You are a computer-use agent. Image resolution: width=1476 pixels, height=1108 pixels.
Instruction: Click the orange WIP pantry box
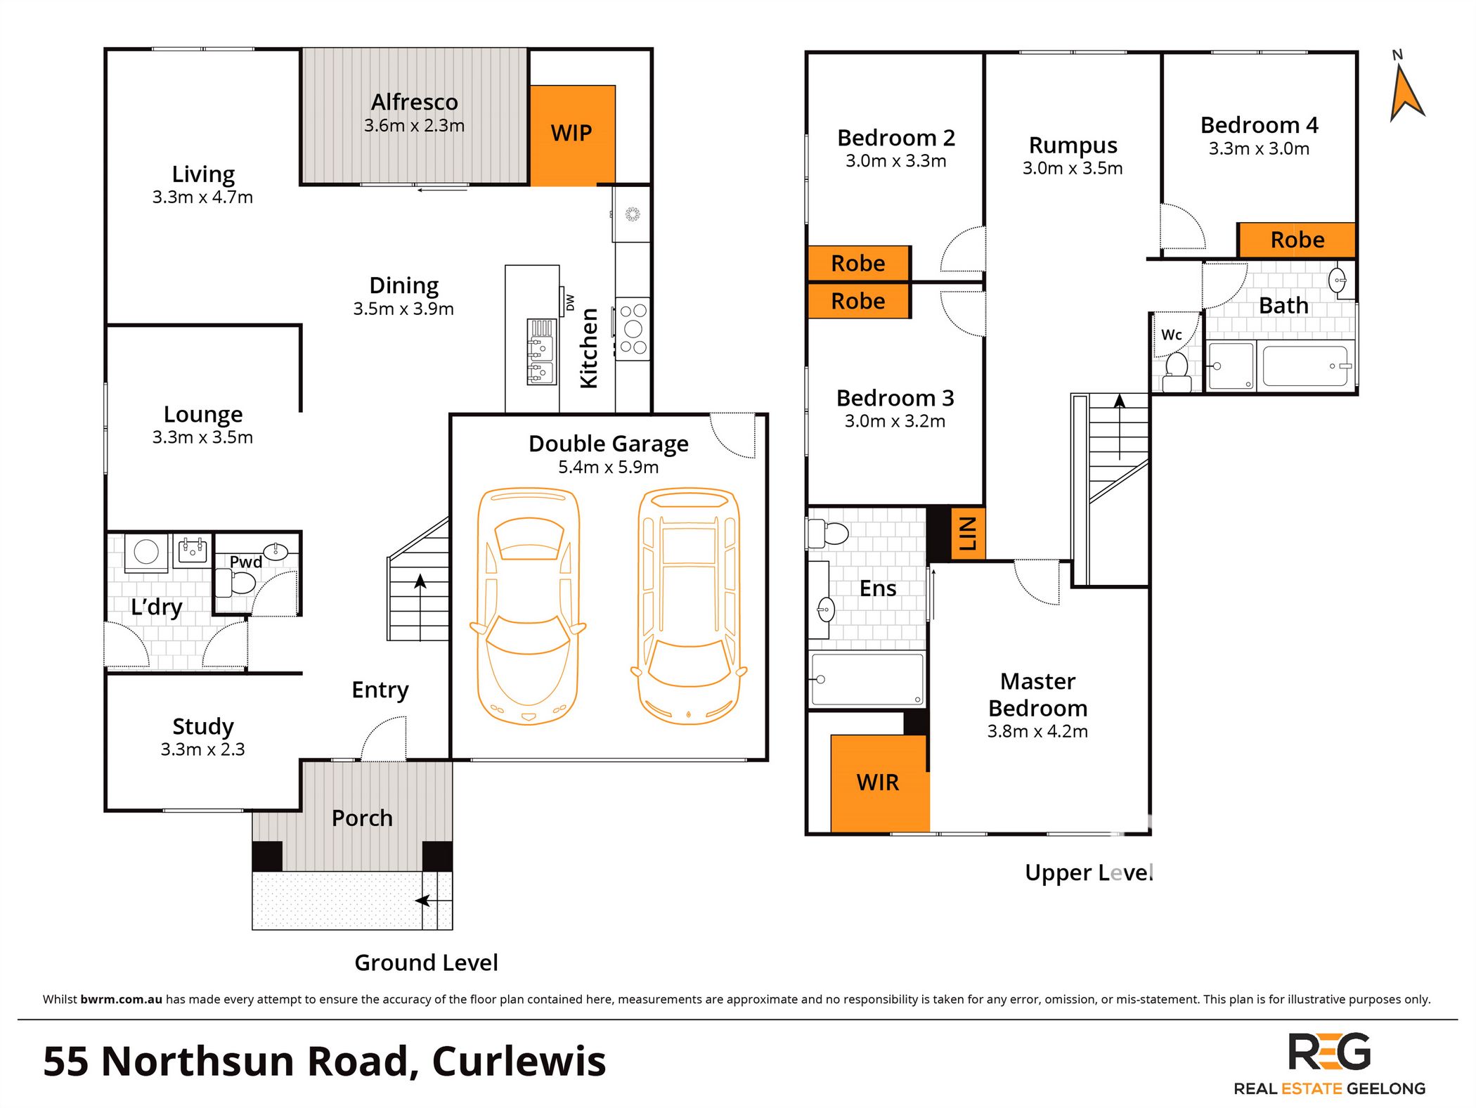pyautogui.click(x=572, y=134)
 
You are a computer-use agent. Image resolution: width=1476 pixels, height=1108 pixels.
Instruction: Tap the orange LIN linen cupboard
pyautogui.click(x=967, y=534)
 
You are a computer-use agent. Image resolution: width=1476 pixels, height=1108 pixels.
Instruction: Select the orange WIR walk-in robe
pyautogui.click(x=879, y=782)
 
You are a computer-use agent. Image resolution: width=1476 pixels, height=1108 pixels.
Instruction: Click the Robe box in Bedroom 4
pyautogui.click(x=1297, y=240)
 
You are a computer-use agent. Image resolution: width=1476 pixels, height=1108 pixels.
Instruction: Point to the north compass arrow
pyautogui.click(x=1406, y=91)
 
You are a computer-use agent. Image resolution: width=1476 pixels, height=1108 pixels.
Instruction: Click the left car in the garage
pyautogui.click(x=529, y=606)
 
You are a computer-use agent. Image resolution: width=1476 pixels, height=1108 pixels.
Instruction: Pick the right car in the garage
pyautogui.click(x=689, y=606)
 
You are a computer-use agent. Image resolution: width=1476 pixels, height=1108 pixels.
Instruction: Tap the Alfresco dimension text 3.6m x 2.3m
pyautogui.click(x=414, y=126)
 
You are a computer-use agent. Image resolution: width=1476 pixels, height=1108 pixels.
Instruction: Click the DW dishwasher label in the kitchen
pyautogui.click(x=570, y=302)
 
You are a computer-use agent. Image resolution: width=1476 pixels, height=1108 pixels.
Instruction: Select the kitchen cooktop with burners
pyautogui.click(x=633, y=329)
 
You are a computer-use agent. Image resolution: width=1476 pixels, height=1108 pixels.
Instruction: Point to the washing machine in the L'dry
pyautogui.click(x=146, y=552)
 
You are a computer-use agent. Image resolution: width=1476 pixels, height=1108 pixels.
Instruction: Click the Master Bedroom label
pyautogui.click(x=1037, y=695)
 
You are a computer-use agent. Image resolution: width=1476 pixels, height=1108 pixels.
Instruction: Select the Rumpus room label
pyautogui.click(x=1073, y=146)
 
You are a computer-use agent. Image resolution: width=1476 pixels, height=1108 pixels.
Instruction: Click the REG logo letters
pyautogui.click(x=1329, y=1052)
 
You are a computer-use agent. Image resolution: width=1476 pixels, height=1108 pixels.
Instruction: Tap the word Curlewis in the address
pyautogui.click(x=519, y=1062)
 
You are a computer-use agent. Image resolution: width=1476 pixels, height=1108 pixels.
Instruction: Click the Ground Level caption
pyautogui.click(x=426, y=962)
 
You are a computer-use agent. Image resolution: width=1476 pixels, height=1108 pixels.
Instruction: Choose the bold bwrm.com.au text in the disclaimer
pyautogui.click(x=121, y=999)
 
